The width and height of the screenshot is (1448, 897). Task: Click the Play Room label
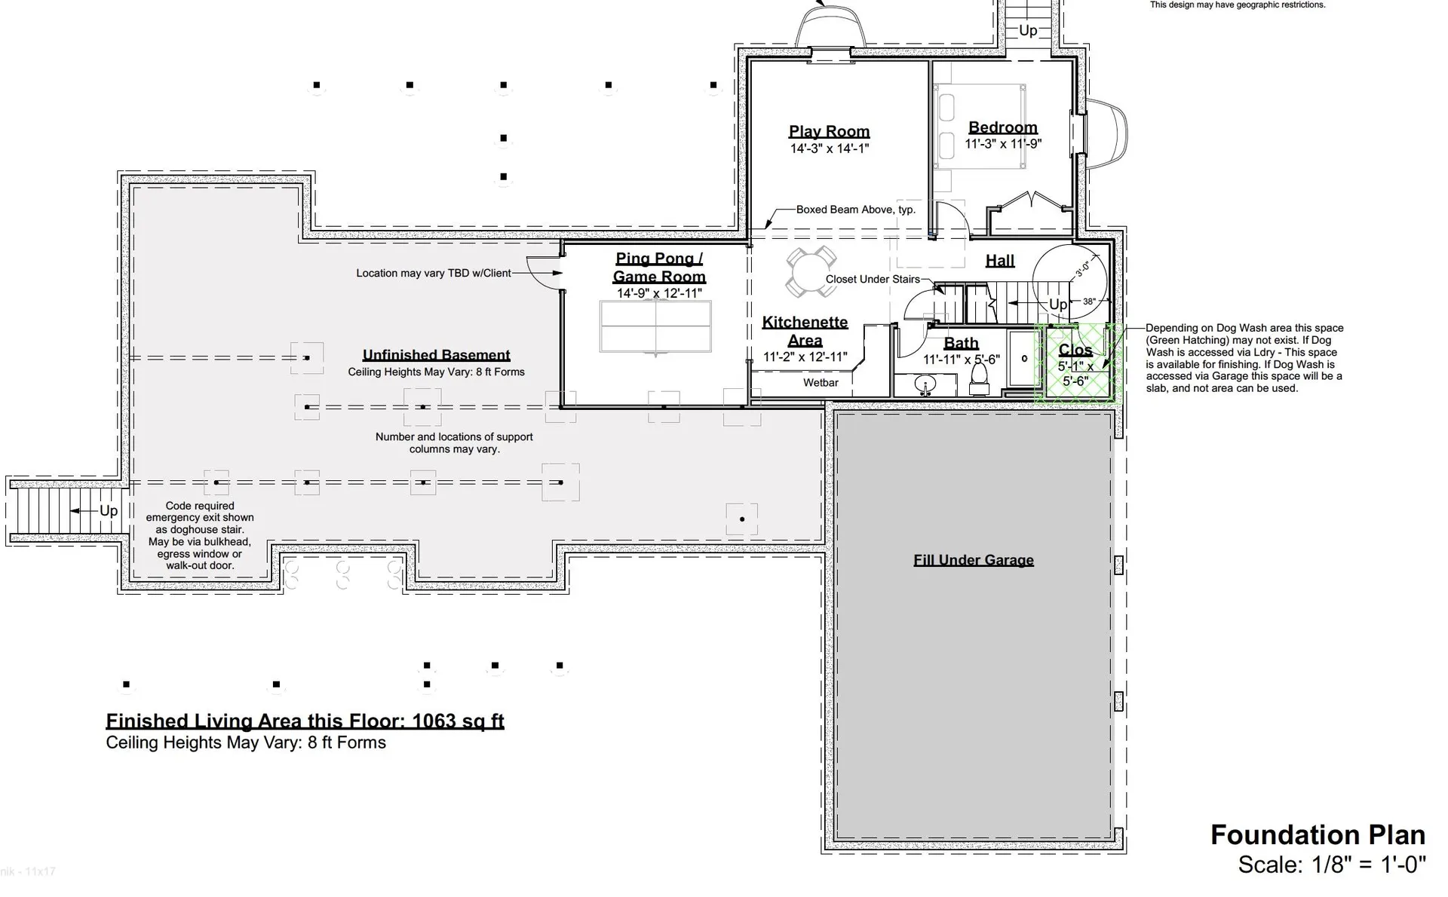(x=829, y=131)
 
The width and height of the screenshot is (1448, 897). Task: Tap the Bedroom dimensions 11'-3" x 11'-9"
(x=1002, y=144)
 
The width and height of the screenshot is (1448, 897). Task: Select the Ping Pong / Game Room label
(x=659, y=268)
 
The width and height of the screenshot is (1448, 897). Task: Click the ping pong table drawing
(x=655, y=326)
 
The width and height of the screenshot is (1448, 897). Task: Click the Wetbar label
(x=821, y=383)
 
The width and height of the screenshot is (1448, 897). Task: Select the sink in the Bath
(x=926, y=385)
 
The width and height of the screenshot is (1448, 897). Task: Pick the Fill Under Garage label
(x=973, y=560)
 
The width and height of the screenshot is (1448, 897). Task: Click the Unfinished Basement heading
(x=436, y=355)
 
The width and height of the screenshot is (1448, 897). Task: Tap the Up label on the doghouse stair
(x=109, y=511)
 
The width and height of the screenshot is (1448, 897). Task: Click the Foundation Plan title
(x=1318, y=835)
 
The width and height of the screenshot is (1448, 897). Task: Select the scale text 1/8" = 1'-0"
(x=1332, y=865)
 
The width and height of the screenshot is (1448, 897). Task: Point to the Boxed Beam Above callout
(x=855, y=210)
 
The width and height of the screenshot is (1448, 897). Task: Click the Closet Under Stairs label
(x=873, y=280)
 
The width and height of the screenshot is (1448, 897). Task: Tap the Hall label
(x=999, y=261)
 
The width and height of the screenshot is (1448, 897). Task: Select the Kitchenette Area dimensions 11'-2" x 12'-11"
(x=805, y=357)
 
